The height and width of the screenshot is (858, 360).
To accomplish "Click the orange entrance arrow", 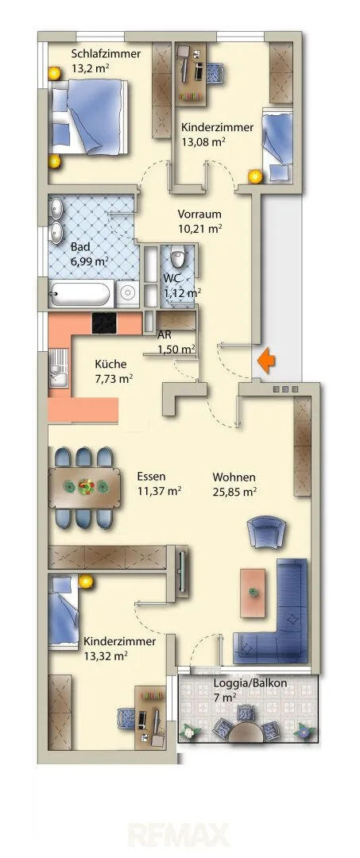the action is click(266, 361).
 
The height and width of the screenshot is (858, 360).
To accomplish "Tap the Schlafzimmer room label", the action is click(106, 54).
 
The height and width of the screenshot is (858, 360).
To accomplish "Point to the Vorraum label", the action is click(199, 214).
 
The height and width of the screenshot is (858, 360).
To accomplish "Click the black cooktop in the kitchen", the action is click(104, 323).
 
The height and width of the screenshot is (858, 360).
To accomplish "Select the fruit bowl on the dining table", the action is click(85, 486).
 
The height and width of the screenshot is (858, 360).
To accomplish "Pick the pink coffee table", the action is click(253, 593).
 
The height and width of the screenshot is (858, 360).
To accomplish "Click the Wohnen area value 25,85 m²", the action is click(235, 492).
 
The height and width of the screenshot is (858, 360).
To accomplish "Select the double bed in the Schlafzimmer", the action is click(89, 117).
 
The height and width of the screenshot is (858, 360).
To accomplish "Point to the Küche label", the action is click(110, 364).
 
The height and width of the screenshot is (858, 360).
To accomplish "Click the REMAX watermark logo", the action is click(179, 835).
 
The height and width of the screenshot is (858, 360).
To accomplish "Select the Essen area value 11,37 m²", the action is click(160, 491).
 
